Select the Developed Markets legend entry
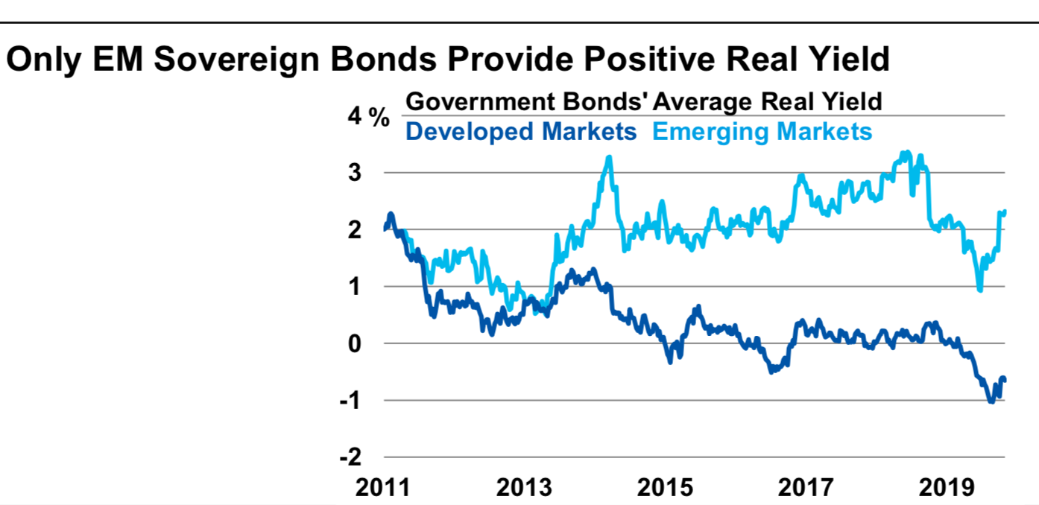(521, 132)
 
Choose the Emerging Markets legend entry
(762, 132)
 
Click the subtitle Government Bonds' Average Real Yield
(644, 101)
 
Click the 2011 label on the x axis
(383, 488)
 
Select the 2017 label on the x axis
(807, 488)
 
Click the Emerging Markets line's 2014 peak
(610, 157)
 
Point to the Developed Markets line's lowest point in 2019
(991, 401)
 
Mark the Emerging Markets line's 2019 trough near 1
(979, 290)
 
